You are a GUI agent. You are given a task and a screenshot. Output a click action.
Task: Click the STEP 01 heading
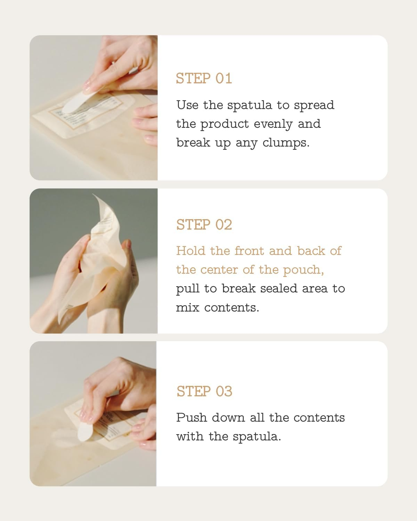204,78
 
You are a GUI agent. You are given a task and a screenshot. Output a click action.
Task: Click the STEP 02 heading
204,225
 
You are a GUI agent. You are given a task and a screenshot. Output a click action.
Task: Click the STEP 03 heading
204,391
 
